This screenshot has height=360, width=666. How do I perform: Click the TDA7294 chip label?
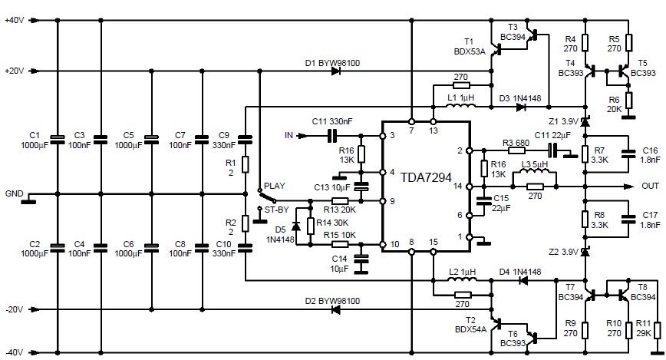[x=426, y=177]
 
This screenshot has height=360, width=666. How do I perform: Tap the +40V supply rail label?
[x=15, y=20]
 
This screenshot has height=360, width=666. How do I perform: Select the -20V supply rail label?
[x=14, y=309]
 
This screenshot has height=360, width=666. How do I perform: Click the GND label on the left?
[x=14, y=193]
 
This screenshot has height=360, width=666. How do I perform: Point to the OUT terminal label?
[x=650, y=187]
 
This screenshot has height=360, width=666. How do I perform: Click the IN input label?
[x=288, y=136]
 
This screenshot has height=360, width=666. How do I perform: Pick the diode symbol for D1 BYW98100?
[x=336, y=71]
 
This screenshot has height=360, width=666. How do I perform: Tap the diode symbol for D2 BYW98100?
[x=336, y=310]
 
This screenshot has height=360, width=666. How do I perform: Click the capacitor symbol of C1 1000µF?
[x=58, y=140]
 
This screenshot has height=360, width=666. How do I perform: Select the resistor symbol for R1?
[x=245, y=164]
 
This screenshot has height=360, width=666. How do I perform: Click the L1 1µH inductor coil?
[x=461, y=105]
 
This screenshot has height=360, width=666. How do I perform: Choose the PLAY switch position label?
[x=275, y=186]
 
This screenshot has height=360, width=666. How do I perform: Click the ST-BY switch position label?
[x=276, y=210]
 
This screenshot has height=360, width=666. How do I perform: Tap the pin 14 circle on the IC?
[x=470, y=187]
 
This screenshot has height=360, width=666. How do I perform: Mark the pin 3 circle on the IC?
[x=382, y=136]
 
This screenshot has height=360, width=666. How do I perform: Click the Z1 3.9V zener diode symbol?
[x=585, y=122]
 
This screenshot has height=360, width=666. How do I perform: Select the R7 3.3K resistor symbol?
[x=585, y=154]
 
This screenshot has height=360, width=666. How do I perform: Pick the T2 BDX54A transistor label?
[x=470, y=325]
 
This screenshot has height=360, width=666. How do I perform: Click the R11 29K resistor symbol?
[x=657, y=330]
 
